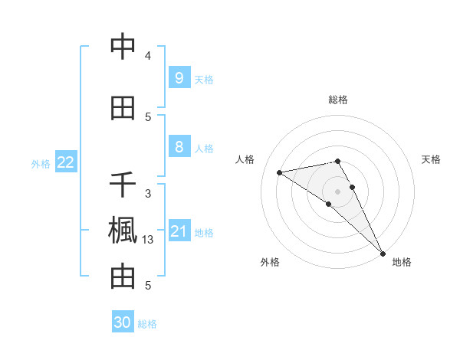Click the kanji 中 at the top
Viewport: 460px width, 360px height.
(123, 47)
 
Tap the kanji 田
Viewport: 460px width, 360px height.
(123, 108)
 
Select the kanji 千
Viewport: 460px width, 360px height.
(123, 185)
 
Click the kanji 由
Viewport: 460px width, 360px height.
(123, 277)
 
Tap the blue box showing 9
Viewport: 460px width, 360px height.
(179, 78)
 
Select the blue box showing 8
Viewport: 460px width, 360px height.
(179, 147)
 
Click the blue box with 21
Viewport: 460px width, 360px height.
(179, 231)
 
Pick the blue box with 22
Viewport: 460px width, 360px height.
(66, 162)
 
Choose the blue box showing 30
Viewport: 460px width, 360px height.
(123, 322)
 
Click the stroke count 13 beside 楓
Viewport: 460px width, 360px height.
(148, 240)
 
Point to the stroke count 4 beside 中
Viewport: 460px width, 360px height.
(148, 56)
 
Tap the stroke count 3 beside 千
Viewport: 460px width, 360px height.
(148, 194)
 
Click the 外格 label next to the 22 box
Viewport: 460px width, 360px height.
(41, 163)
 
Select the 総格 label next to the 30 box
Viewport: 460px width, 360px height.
(147, 324)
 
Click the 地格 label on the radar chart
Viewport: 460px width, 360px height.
(402, 262)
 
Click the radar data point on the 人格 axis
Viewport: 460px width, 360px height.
(280, 172)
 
